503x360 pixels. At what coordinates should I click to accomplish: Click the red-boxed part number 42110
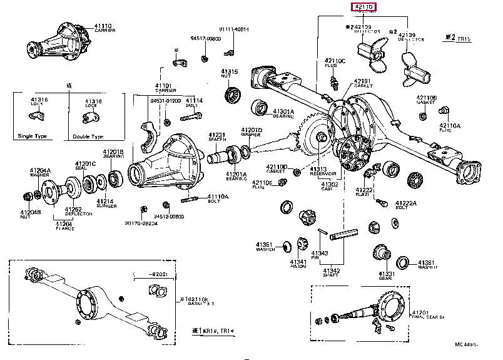(363, 8)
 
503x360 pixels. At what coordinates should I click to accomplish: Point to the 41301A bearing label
(283, 111)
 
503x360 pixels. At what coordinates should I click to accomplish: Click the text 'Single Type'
(34, 136)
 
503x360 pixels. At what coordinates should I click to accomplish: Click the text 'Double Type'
(87, 136)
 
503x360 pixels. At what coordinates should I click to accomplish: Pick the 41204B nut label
(29, 212)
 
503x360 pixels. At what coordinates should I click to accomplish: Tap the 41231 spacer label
(216, 135)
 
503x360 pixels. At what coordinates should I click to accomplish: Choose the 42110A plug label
(449, 125)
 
